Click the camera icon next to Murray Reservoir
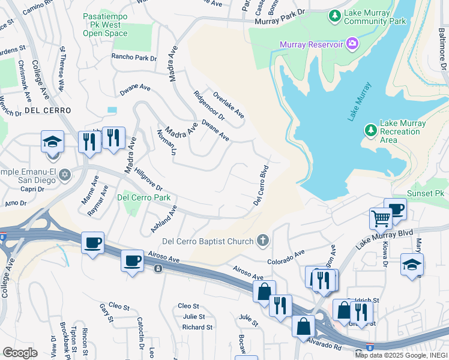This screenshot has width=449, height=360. point(352,44)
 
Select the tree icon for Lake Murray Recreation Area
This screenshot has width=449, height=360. point(371,130)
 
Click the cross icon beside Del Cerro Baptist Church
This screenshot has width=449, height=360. point(262,241)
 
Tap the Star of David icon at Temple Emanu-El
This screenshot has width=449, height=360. point(65,175)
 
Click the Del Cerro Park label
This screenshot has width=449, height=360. point(143,197)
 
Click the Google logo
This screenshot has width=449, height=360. point(20,352)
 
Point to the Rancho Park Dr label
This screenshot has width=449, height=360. point(133,58)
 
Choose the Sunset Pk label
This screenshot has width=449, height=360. point(426,193)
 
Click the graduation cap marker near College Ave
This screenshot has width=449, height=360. point(52,142)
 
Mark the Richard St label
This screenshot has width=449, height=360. point(197,327)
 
